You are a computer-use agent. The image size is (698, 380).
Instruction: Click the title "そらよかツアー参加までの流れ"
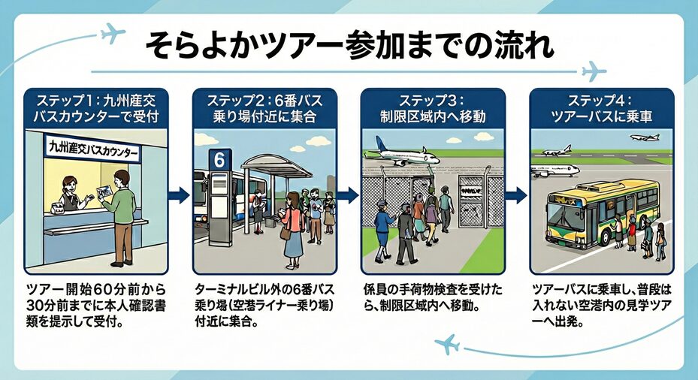pos(349,47)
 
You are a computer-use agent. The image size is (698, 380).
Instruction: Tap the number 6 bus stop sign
pos(218,160)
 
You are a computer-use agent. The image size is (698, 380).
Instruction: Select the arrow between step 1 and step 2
pos(179,195)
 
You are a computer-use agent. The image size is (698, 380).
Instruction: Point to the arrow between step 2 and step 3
pos(347,195)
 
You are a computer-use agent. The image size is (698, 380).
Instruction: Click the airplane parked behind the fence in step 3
pos(401,153)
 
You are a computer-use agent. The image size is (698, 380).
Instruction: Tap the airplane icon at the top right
pos(594,71)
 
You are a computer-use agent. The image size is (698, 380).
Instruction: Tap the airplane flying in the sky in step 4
pos(645,138)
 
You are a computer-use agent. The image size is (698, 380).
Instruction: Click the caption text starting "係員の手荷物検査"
pos(433,298)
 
